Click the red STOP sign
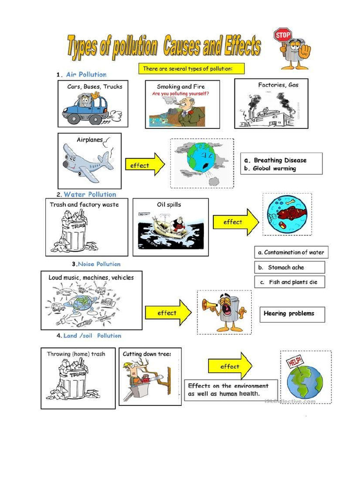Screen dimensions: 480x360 [283, 35]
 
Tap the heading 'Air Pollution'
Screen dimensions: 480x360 [86, 75]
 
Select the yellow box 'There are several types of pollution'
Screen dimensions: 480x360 [191, 69]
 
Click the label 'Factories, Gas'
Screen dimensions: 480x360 [278, 85]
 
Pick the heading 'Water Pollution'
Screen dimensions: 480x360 [90, 195]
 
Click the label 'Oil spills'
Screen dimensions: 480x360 [169, 204]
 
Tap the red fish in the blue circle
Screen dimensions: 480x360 [291, 213]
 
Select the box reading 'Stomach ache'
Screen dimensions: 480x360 [289, 267]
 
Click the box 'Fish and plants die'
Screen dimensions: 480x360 [289, 282]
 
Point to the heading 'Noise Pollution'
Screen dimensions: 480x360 [99, 264]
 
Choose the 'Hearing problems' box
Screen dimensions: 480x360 [292, 314]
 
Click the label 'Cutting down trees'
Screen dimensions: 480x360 [147, 354]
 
